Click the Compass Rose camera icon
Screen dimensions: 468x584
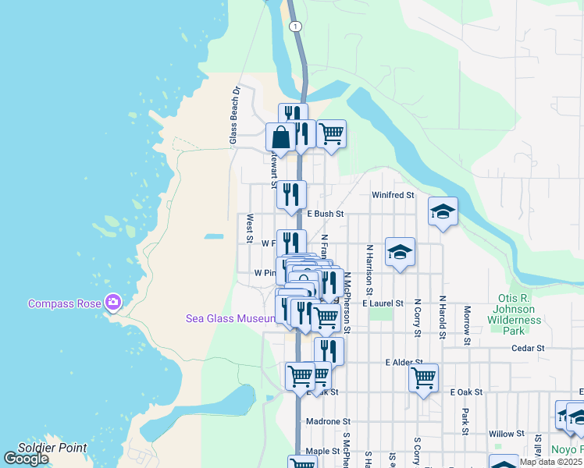[x=113, y=302]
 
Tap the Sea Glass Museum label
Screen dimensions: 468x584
[x=230, y=317]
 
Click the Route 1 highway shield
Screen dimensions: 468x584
[x=294, y=27]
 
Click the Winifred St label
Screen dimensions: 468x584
[x=393, y=195]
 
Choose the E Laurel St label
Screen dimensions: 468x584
[x=383, y=303]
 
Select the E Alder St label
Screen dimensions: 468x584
[x=404, y=363]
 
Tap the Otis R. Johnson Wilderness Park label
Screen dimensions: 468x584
[x=515, y=314]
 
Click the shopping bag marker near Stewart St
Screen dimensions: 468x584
[x=281, y=137]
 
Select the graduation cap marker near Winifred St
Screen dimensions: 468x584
[x=443, y=211]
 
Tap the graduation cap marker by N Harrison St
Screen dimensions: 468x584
[x=400, y=252]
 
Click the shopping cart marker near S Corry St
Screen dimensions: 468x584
[x=423, y=378]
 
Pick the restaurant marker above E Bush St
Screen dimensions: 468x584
[x=291, y=195]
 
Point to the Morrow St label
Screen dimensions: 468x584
[x=466, y=325]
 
